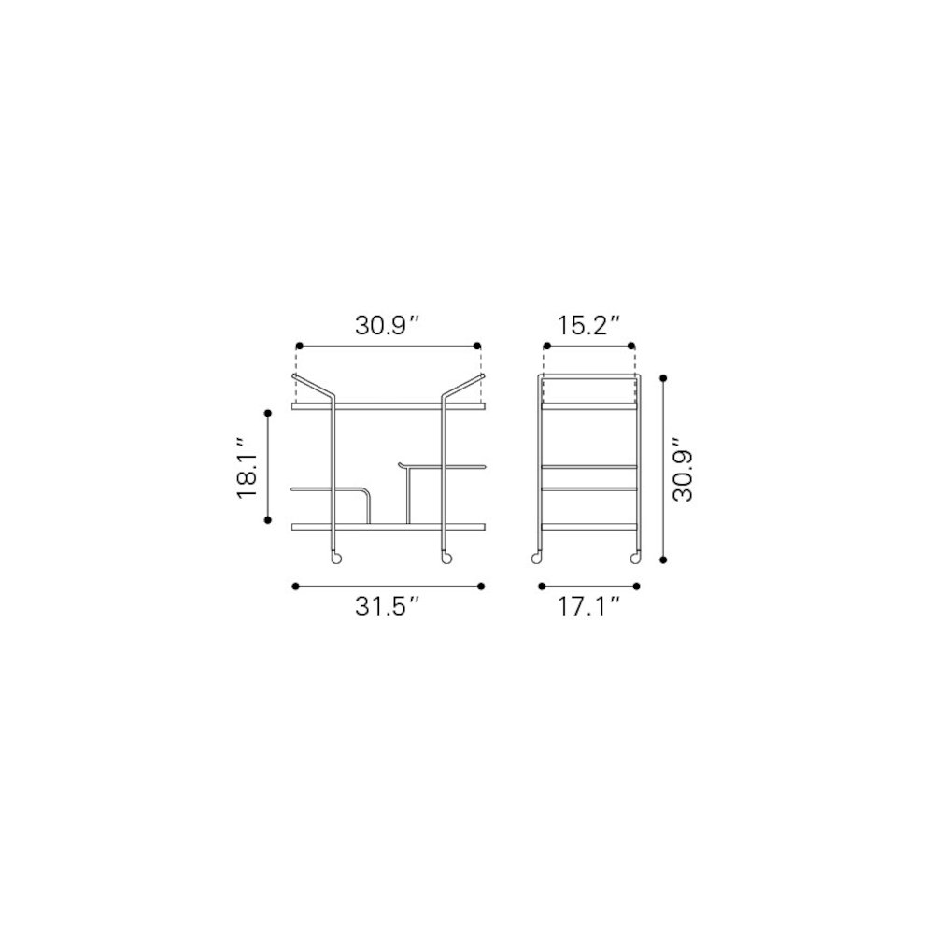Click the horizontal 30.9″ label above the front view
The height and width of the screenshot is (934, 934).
[388, 326]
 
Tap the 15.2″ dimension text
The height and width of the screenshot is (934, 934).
[588, 326]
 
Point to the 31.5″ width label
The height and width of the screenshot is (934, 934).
[388, 606]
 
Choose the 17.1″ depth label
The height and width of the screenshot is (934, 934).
[588, 606]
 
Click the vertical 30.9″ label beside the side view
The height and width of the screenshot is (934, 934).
[684, 470]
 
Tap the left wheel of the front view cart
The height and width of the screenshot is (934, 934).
[336, 559]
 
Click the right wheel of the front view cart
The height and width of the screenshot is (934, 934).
[446, 559]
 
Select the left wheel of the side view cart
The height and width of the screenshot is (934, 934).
[537, 559]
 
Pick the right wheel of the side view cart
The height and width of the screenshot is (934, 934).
[635, 559]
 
